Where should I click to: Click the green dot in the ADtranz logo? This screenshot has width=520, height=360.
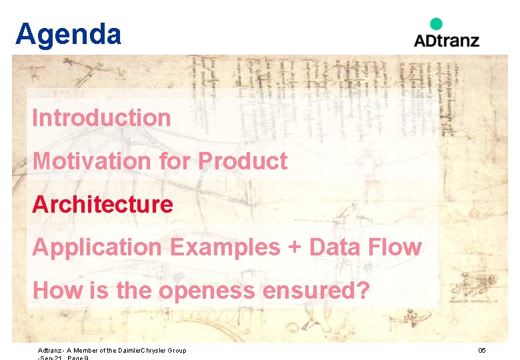436,24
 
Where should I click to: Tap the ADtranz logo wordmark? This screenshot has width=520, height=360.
446,40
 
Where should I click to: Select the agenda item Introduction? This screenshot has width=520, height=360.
101,118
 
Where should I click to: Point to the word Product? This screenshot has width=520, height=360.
243,161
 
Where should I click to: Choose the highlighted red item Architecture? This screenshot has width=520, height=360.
102,204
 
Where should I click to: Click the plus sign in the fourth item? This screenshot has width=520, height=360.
293,248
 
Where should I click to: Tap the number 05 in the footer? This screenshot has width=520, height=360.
482,351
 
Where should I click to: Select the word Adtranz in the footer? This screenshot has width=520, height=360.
49,351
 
